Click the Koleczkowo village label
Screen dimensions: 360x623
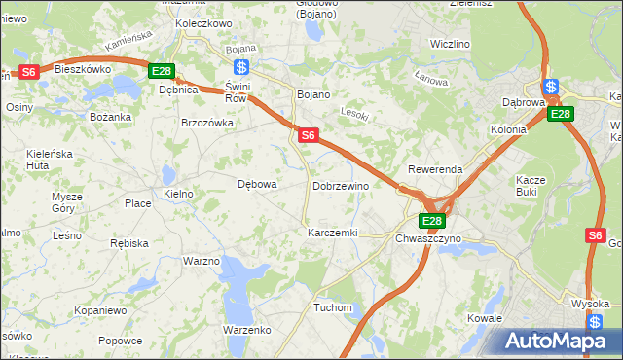click(x=203, y=23)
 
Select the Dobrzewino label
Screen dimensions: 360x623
click(x=341, y=185)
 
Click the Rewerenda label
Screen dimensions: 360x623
click(x=435, y=169)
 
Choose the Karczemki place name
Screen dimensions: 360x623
click(x=333, y=234)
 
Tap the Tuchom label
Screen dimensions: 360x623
click(x=333, y=307)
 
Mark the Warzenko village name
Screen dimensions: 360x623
click(x=247, y=330)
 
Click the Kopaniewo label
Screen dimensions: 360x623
click(x=100, y=310)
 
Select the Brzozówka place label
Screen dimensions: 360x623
click(x=207, y=123)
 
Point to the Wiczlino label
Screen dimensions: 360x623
click(x=450, y=45)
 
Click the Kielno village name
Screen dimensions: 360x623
click(x=179, y=194)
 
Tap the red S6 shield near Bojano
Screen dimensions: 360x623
click(x=307, y=135)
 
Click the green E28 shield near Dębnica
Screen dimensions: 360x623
click(x=162, y=71)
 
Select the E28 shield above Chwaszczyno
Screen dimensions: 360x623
click(x=433, y=221)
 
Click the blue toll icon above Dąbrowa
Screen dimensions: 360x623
click(x=551, y=86)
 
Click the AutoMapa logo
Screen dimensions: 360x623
click(x=558, y=342)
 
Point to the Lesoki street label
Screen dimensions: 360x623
click(x=356, y=113)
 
